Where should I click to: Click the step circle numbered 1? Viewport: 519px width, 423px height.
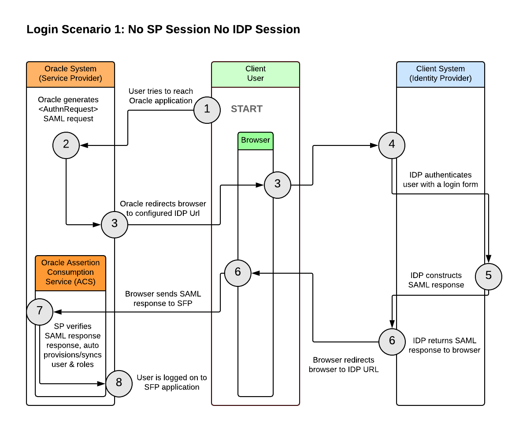tap(207, 110)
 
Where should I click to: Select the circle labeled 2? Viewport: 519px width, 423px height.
tap(66, 145)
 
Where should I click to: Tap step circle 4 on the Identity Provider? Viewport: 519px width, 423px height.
tap(392, 145)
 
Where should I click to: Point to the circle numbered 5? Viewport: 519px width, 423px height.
tap(489, 276)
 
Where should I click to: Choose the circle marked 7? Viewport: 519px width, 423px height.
tap(40, 312)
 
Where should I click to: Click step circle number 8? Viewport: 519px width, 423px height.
tap(119, 383)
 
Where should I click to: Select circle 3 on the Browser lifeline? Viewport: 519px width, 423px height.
tap(278, 185)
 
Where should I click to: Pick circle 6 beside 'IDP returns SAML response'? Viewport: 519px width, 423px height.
tap(392, 341)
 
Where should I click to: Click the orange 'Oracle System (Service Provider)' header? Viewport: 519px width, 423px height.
tap(70, 74)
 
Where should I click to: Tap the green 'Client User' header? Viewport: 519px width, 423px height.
tap(256, 74)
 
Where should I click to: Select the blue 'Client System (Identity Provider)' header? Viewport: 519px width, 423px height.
tap(441, 74)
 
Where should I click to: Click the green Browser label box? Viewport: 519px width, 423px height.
tap(256, 141)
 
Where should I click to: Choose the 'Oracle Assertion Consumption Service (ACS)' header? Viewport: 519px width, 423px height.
tap(70, 273)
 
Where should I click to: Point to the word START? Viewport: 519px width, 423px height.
tap(247, 109)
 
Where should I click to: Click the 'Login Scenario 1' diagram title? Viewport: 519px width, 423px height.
tap(163, 30)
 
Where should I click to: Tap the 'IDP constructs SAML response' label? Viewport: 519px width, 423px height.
tap(436, 280)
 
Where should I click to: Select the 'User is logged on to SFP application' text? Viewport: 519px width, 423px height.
tap(172, 382)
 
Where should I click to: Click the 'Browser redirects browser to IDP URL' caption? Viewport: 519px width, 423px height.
tap(344, 364)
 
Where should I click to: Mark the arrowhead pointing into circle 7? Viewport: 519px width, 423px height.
tap(57, 312)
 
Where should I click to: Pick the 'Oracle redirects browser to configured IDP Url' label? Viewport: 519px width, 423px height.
tap(163, 208)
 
